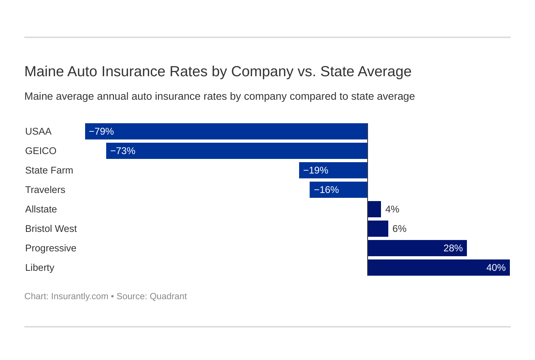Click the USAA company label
tap(38, 131)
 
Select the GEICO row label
tap(41, 151)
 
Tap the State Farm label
tap(49, 170)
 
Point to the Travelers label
tap(45, 190)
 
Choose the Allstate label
tap(41, 209)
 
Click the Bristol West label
tap(51, 229)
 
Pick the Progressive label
tap(51, 248)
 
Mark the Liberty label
tap(39, 268)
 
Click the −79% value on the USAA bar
tap(101, 131)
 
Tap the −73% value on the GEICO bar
tap(123, 151)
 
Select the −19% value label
tap(316, 170)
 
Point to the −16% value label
tap(326, 190)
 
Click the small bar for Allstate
tap(374, 209)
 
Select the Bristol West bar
tap(378, 229)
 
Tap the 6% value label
tap(399, 229)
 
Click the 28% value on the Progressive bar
tap(453, 248)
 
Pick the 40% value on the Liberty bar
tap(496, 268)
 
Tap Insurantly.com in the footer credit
tap(79, 296)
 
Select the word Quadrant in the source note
tap(168, 296)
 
